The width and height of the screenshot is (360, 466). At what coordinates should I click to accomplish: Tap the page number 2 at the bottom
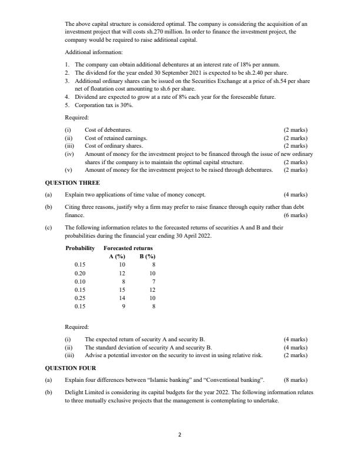tap(180, 434)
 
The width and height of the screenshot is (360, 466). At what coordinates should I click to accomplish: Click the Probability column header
tap(80, 248)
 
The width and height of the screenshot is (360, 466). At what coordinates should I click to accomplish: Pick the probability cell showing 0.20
tap(80, 273)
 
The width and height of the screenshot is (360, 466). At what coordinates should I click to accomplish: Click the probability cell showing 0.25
tap(80, 298)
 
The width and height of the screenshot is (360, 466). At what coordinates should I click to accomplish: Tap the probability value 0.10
tap(80, 281)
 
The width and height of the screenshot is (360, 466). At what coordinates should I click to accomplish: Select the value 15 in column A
tap(122, 289)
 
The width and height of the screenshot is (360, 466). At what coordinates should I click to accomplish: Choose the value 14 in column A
tap(122, 298)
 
